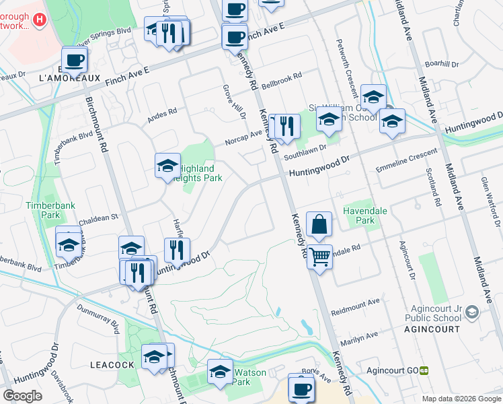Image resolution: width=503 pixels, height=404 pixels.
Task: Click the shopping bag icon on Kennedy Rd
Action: tap(319, 224)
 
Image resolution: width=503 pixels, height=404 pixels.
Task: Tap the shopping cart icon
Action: tap(320, 255)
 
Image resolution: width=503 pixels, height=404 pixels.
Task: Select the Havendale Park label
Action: tap(365, 215)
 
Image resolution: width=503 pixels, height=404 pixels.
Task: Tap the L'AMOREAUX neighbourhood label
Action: tap(70, 78)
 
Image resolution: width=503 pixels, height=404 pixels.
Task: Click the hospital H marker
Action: tap(39, 21)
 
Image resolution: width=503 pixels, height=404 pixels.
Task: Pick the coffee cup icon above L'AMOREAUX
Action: tap(74, 59)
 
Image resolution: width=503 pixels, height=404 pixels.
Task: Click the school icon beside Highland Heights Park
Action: tap(167, 165)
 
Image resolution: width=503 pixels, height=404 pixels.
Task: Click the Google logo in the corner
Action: tap(23, 396)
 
